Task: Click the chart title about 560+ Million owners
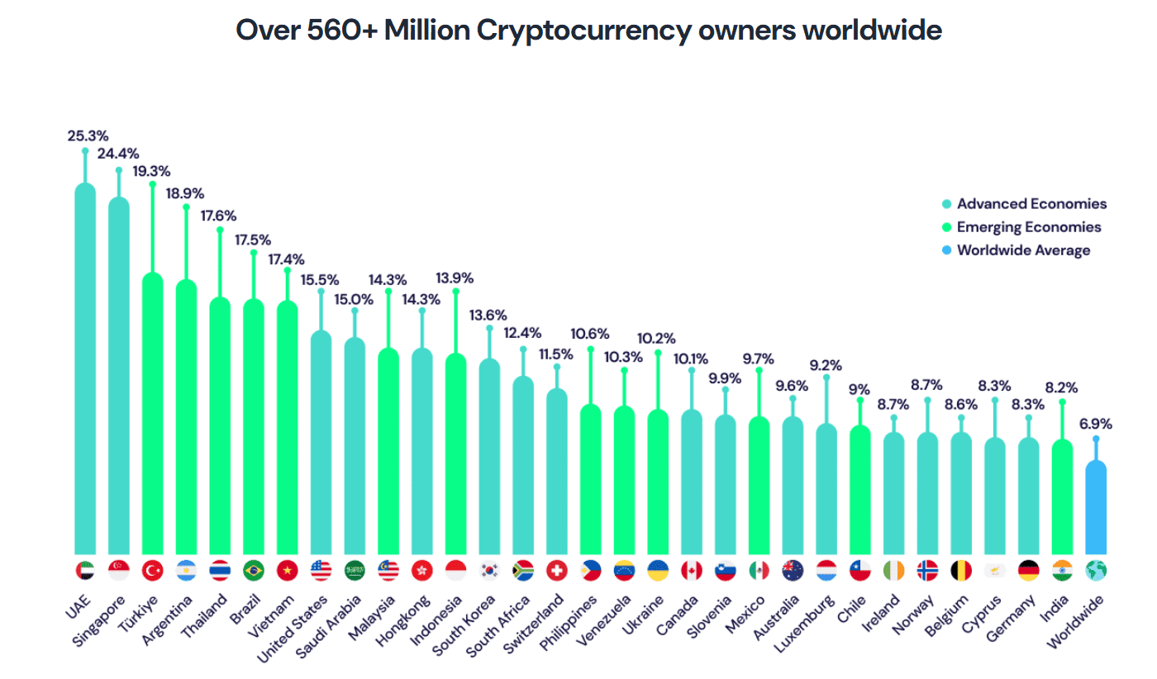tap(588, 31)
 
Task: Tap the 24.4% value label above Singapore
tap(119, 154)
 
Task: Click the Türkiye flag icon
tap(153, 570)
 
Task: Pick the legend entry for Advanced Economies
tap(1031, 204)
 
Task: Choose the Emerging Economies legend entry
tap(1028, 227)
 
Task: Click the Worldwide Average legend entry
tap(1023, 250)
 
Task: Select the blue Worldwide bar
tap(1096, 508)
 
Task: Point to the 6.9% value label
tap(1096, 424)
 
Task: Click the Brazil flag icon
tap(254, 570)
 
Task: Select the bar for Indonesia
tap(455, 454)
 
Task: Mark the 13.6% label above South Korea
tap(488, 315)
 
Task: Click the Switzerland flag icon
tap(557, 570)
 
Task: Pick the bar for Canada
tap(692, 482)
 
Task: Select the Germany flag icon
tap(1028, 570)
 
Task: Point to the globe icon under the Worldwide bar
tap(1096, 570)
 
